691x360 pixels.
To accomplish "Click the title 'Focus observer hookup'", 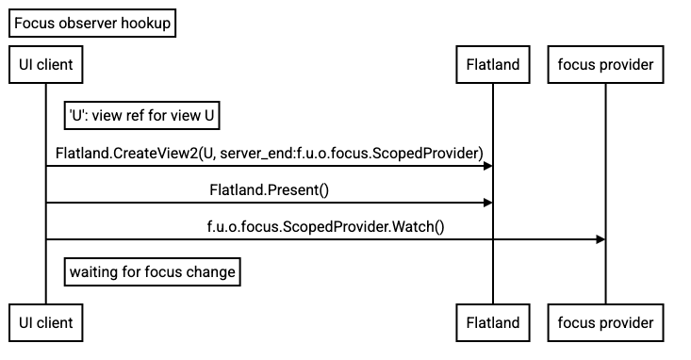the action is [x=92, y=25].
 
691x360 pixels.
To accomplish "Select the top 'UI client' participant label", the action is [x=46, y=65].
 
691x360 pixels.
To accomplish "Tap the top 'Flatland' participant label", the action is [x=492, y=65].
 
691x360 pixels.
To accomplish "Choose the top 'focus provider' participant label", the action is [x=605, y=65].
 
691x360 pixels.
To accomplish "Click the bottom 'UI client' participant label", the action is [x=46, y=322].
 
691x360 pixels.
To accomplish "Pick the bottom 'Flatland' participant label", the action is [x=492, y=322].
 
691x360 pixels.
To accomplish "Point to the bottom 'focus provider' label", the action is [x=605, y=322].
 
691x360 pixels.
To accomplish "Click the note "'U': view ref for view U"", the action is [x=142, y=116].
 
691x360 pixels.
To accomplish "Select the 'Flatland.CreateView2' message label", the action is [x=270, y=153].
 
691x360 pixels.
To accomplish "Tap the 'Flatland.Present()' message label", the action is [x=270, y=190].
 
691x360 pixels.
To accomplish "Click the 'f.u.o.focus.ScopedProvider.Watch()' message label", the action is [x=325, y=226].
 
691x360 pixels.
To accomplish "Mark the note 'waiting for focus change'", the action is [x=152, y=272].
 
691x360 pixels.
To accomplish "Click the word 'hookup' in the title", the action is [x=146, y=25].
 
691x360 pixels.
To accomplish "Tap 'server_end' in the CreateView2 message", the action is [x=255, y=153].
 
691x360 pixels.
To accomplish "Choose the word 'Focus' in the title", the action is [x=34, y=25].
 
